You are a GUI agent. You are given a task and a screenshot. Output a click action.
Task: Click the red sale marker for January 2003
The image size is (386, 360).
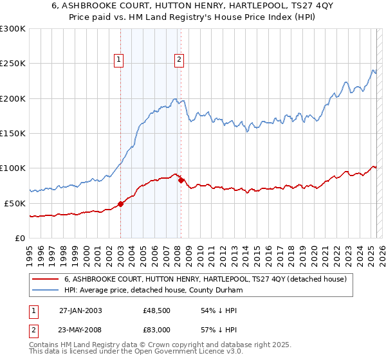pyautogui.click(x=120, y=204)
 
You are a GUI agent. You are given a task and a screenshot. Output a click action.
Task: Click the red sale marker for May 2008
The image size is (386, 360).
pyautogui.click(x=181, y=180)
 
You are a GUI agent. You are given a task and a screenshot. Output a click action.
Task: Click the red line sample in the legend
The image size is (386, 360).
pyautogui.click(x=46, y=279)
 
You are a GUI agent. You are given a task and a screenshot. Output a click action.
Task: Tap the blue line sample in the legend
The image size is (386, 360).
pyautogui.click(x=46, y=290)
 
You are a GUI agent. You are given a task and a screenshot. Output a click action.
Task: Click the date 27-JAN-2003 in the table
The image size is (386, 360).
pyautogui.click(x=80, y=310)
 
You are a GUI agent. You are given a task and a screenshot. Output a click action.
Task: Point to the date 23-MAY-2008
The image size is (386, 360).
pyautogui.click(x=80, y=330)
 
